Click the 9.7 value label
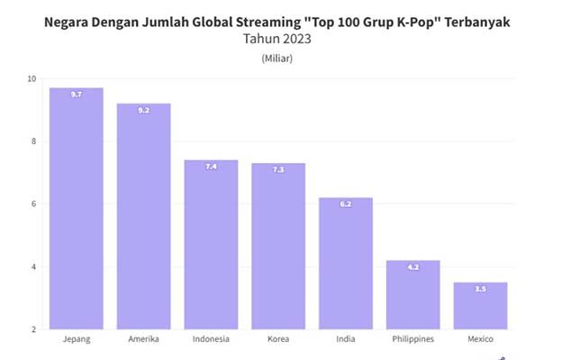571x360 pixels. [x=77, y=94]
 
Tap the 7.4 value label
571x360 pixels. [x=211, y=166]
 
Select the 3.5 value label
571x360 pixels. [x=480, y=289]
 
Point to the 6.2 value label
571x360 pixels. [x=346, y=204]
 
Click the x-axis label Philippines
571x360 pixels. [x=413, y=339]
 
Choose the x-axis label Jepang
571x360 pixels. [x=76, y=339]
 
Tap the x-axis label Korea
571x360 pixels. [x=278, y=339]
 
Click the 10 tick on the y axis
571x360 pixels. [x=32, y=79]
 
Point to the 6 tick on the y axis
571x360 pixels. [x=33, y=204]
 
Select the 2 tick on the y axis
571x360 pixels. [x=33, y=329]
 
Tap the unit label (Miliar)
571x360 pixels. [x=277, y=58]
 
